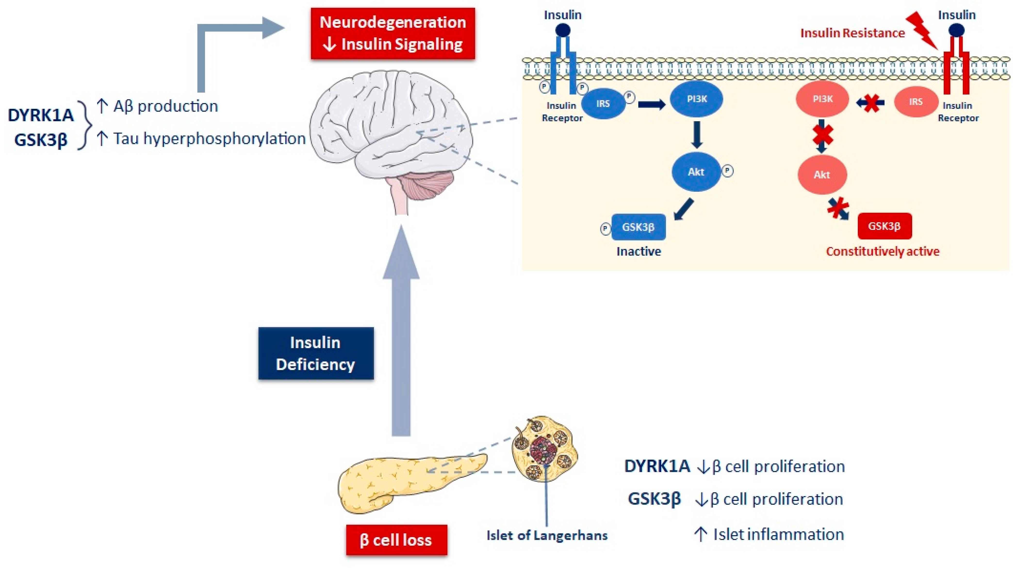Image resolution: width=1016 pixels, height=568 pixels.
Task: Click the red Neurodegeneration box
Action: click(393, 33)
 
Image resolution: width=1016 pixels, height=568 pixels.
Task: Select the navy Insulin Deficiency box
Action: click(316, 353)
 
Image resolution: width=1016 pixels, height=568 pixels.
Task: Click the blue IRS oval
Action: click(603, 103)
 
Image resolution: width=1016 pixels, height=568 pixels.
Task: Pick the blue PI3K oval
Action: click(696, 99)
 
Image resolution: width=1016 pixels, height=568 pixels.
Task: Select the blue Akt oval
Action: click(696, 172)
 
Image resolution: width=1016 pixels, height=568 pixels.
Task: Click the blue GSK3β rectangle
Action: click(638, 227)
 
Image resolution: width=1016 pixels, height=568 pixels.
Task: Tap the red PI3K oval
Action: click(822, 99)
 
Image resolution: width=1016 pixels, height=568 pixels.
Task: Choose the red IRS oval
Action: click(916, 102)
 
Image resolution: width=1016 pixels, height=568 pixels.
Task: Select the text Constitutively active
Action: click(883, 251)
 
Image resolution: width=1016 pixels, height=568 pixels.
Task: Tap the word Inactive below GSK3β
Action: click(639, 251)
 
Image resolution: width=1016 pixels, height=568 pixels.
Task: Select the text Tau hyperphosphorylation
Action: click(209, 139)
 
